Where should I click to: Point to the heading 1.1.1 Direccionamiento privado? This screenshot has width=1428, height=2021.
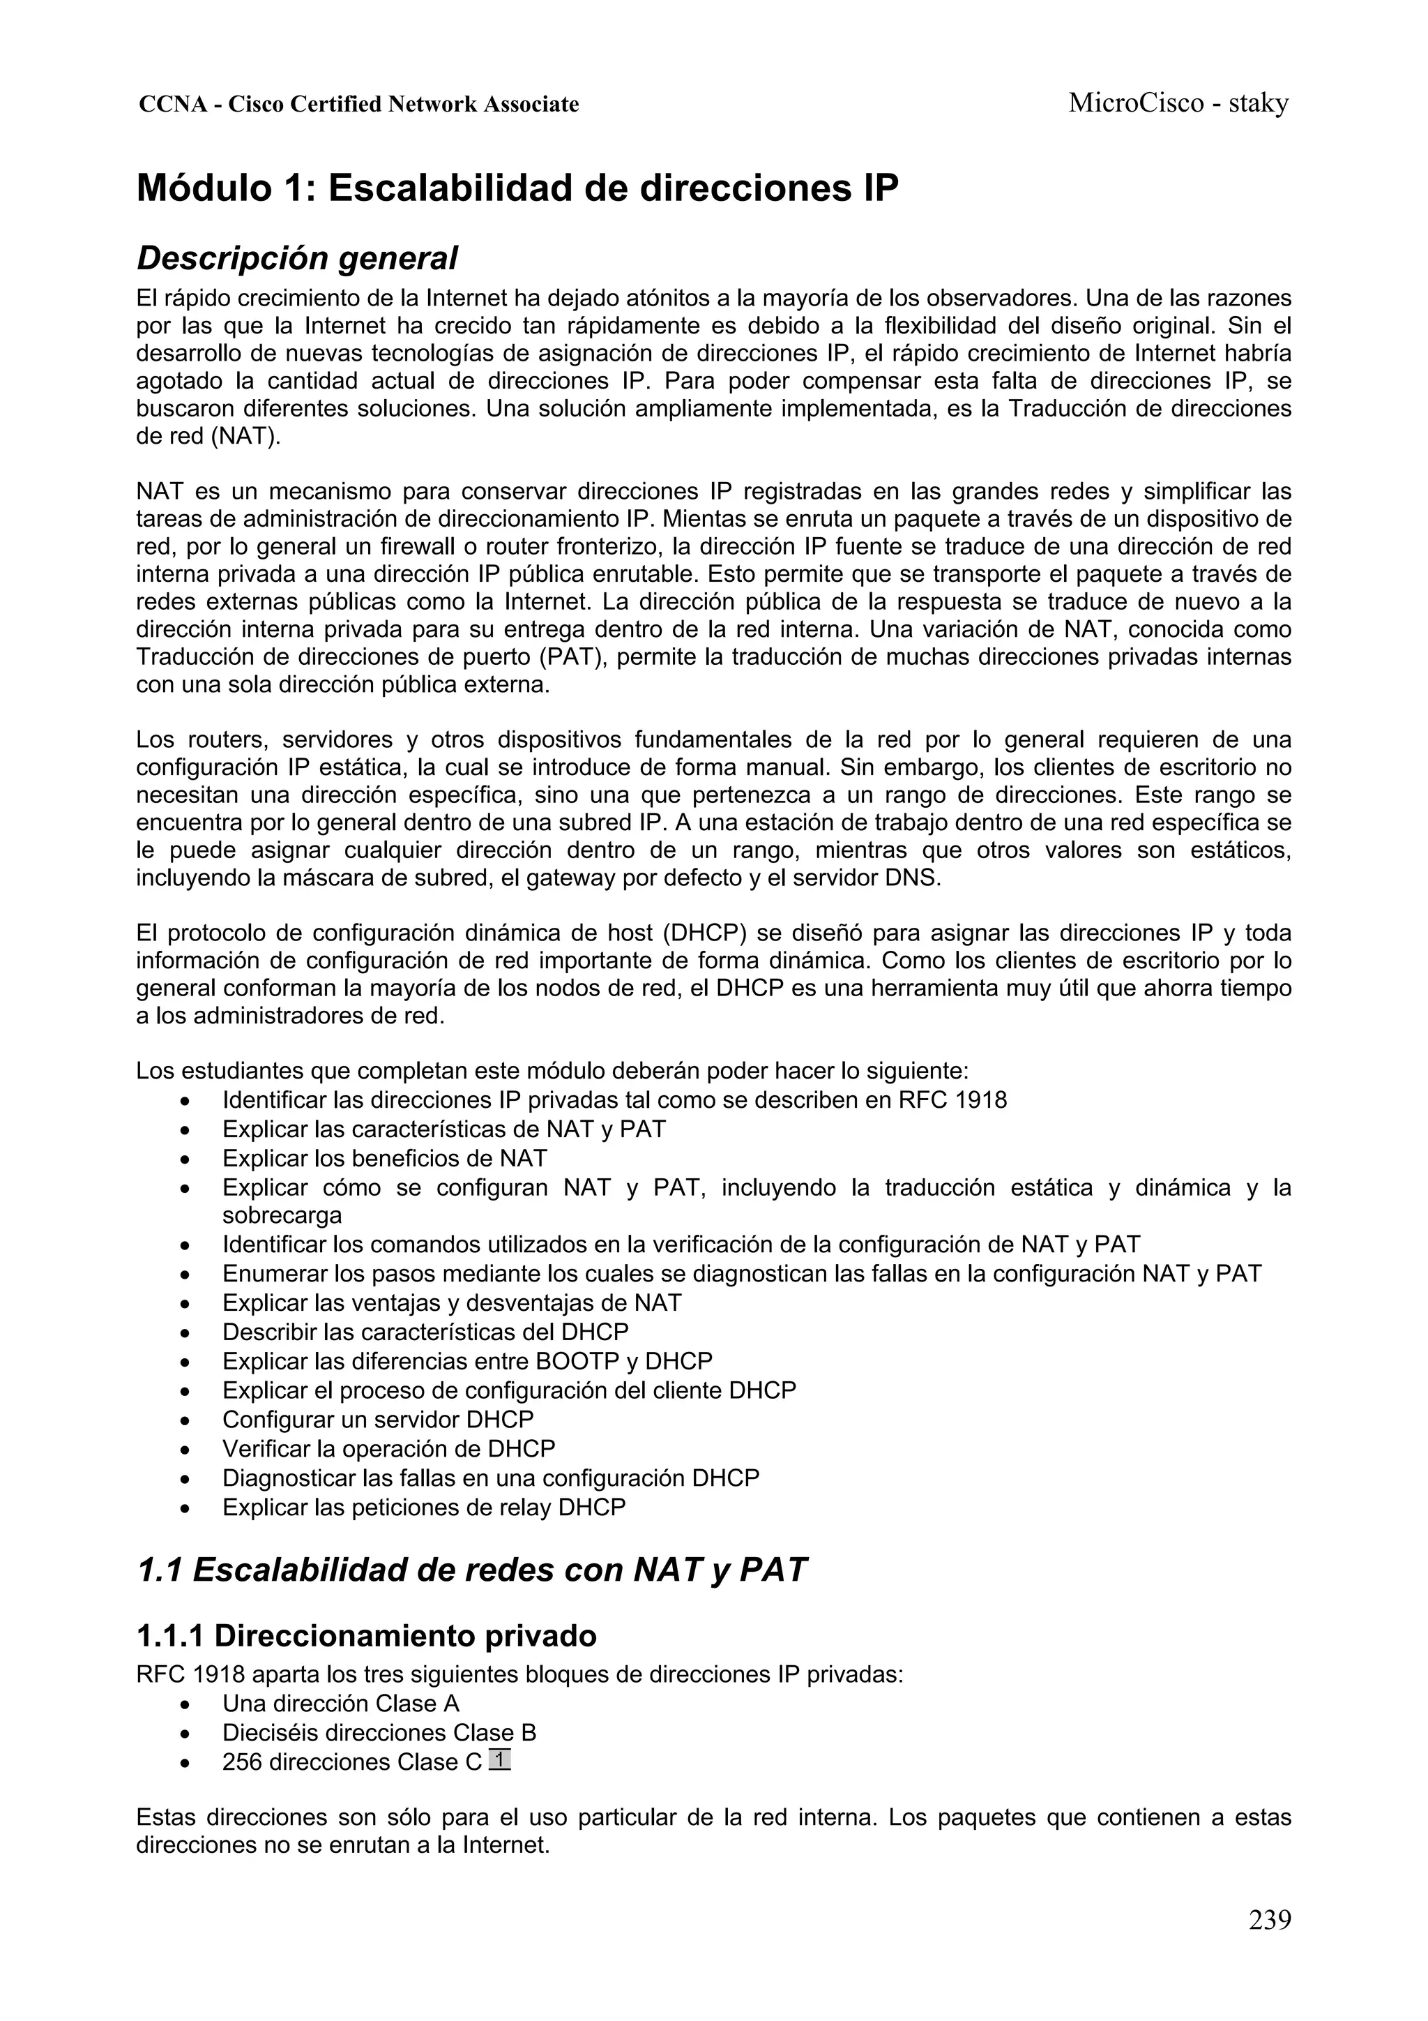tap(366, 1635)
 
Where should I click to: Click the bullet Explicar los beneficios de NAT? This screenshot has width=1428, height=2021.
tap(384, 1158)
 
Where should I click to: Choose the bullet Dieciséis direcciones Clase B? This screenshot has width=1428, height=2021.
tap(379, 1732)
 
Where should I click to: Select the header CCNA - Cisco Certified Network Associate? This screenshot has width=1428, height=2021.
tap(359, 105)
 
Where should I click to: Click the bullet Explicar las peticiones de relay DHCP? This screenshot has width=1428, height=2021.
tap(423, 1507)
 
